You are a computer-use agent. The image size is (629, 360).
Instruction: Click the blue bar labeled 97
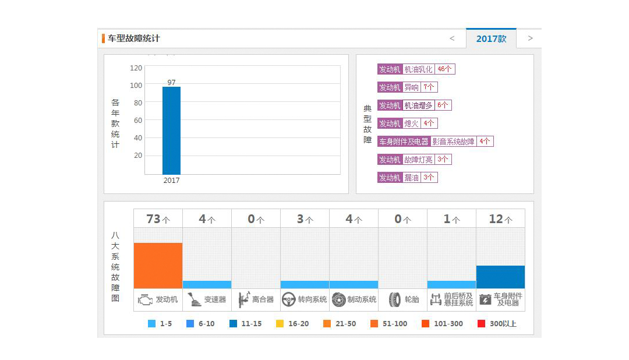coord(171,130)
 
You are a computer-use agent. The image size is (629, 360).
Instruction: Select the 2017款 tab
coord(491,39)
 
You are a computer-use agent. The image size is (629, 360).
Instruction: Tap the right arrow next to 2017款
coord(530,38)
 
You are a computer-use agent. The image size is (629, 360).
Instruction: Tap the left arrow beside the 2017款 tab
coord(452,38)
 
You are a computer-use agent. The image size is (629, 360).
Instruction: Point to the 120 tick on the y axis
coord(136,68)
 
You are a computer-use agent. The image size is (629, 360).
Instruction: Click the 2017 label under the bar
coord(171,181)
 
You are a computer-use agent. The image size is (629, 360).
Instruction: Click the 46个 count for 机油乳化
coord(444,69)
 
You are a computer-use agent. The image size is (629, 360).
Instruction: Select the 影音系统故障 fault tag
coord(453,142)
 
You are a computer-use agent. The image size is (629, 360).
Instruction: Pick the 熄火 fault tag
coord(411,123)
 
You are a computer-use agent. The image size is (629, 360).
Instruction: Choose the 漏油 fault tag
coord(411,178)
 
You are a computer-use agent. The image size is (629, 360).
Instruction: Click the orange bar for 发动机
coord(158,265)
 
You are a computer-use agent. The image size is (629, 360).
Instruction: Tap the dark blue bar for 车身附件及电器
coord(500,277)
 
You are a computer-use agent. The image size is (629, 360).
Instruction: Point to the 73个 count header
coord(158,219)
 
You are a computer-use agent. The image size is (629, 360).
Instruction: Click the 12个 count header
coord(500,219)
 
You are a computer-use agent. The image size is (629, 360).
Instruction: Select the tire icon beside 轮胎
coord(394,299)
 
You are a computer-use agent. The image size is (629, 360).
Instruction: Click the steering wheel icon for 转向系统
coord(288,299)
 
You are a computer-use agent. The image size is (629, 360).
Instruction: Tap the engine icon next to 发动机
coord(144,299)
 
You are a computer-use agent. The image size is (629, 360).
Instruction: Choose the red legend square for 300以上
coord(481,324)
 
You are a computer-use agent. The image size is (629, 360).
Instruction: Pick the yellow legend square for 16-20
coord(280,324)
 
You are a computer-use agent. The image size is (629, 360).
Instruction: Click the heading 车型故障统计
coord(133,38)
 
